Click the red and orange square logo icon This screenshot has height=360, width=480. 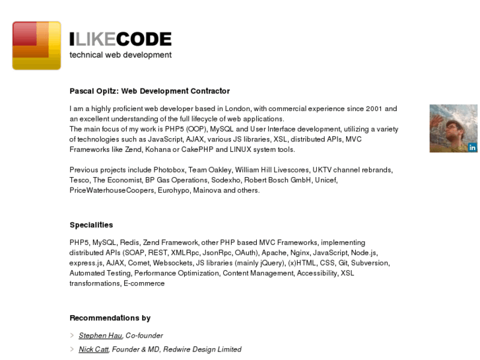[36, 46]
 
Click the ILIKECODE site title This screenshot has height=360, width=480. [120, 39]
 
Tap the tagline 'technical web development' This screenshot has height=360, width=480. [120, 55]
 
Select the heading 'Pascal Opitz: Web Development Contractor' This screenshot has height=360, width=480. [149, 91]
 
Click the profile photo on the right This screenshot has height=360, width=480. [453, 128]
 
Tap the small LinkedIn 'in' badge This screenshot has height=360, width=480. [473, 147]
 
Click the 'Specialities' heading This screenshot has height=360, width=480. [91, 225]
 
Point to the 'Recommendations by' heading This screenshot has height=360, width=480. [110, 318]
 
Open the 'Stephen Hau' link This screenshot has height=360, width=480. [100, 336]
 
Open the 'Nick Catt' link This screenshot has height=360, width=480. [93, 349]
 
